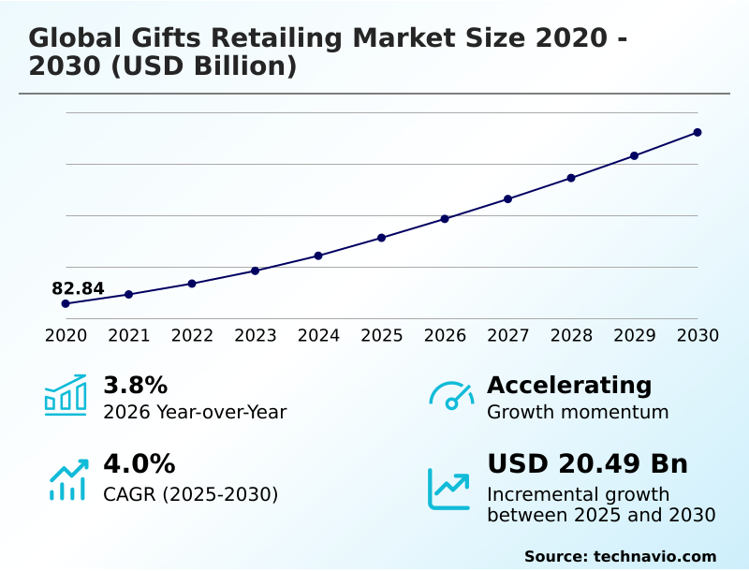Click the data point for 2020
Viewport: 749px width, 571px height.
(x=66, y=303)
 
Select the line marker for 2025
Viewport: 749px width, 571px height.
(x=382, y=238)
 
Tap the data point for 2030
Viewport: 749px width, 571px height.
(x=698, y=132)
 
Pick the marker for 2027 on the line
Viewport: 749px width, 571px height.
(x=508, y=198)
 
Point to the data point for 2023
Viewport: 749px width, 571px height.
(x=256, y=271)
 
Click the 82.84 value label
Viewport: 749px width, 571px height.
(x=78, y=288)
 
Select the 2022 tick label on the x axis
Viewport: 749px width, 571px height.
(x=192, y=335)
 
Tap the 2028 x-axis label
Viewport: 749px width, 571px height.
(x=571, y=335)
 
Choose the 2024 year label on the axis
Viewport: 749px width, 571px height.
(x=318, y=335)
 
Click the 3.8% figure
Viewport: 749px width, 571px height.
(x=135, y=385)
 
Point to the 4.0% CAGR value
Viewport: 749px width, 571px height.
(x=139, y=463)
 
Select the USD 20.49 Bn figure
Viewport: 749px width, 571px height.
(x=587, y=463)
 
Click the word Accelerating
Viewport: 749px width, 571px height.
(x=569, y=385)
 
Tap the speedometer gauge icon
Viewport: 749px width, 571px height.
(x=451, y=395)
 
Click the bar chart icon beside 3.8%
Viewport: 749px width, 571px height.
(x=66, y=395)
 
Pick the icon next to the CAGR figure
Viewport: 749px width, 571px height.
(x=67, y=479)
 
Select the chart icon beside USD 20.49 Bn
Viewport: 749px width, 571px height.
(x=449, y=488)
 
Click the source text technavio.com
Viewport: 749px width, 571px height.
(x=654, y=556)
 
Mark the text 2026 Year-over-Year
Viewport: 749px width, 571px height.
(x=195, y=412)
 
